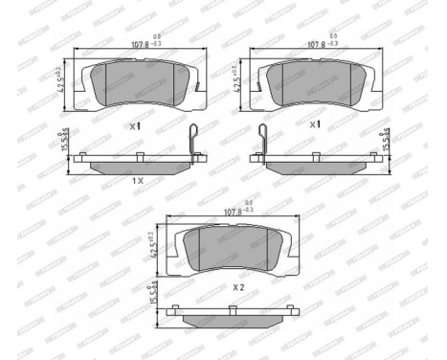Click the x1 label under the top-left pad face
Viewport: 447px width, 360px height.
click(x=134, y=125)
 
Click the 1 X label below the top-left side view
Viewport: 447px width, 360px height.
click(x=137, y=180)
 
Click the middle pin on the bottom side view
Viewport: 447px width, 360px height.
click(x=232, y=308)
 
